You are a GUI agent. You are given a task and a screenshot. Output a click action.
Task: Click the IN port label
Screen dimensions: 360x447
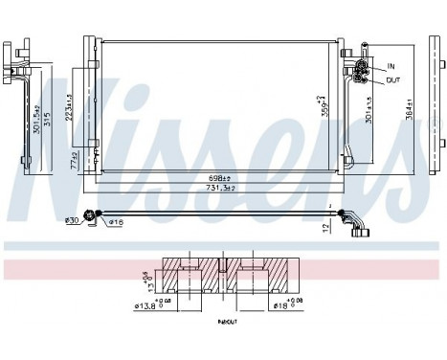pos(390,66)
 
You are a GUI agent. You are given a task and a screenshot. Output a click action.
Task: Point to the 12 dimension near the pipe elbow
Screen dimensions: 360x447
pos(326,227)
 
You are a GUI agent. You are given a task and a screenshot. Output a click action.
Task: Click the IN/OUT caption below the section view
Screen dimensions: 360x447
pos(226,324)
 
